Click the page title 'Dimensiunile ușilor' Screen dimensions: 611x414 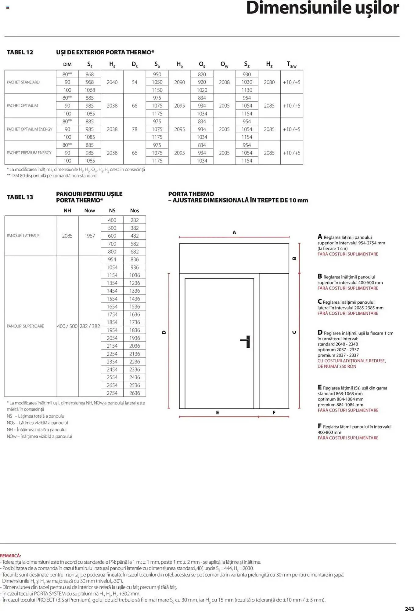tap(322, 9)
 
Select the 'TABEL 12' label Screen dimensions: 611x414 tap(20, 52)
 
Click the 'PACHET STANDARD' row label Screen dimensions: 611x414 tap(23, 82)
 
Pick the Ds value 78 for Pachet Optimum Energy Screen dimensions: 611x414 tap(135, 129)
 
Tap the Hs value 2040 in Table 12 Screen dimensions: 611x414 tap(112, 82)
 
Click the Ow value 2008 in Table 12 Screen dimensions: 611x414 tap(224, 82)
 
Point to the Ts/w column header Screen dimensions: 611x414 tap(291, 64)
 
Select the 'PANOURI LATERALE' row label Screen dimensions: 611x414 tap(23, 236)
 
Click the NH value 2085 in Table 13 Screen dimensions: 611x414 tap(67, 236)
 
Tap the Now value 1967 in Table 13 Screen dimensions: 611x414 tap(90, 236)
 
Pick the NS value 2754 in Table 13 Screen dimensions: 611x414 tap(112, 393)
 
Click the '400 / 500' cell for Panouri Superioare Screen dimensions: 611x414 tap(67, 326)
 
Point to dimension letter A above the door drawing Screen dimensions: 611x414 tap(234, 232)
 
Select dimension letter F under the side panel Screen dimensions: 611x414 tap(274, 413)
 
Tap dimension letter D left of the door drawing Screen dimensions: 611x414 tap(164, 332)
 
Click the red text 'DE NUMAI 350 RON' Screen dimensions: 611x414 tap(337, 366)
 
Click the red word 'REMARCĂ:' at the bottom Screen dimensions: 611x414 tap(11, 556)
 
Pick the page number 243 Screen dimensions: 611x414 tap(409, 609)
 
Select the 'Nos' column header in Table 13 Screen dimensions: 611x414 tap(135, 210)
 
